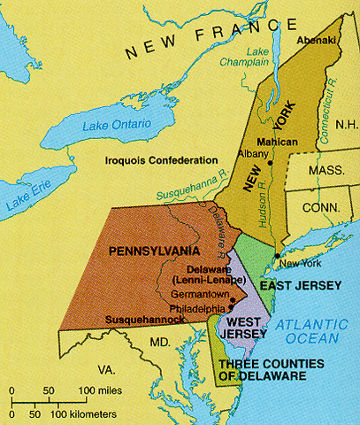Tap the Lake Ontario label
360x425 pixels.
116,125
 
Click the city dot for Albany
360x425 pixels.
270,162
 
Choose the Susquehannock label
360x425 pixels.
140,317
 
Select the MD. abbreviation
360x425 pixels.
158,342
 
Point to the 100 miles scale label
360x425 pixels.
100,390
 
